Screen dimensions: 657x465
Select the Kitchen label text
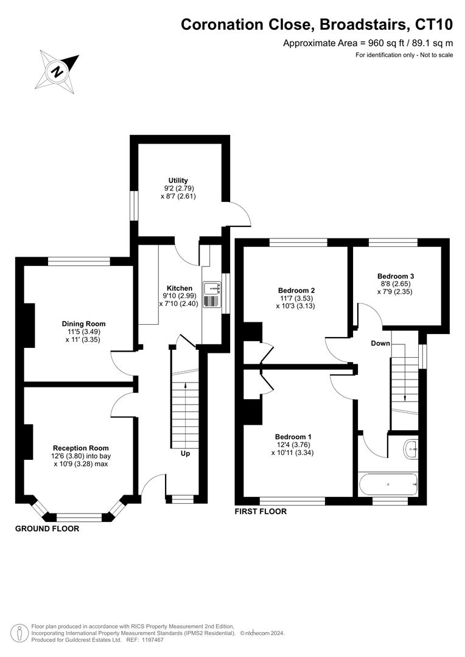180,288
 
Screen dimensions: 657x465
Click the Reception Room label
80,448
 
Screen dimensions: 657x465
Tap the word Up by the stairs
184,454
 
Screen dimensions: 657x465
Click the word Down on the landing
380,344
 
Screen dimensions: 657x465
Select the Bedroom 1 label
293,437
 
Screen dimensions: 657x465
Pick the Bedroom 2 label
296,290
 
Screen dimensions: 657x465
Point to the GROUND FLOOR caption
47,529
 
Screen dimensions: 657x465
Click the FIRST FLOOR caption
260,512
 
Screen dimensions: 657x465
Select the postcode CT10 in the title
434,25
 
